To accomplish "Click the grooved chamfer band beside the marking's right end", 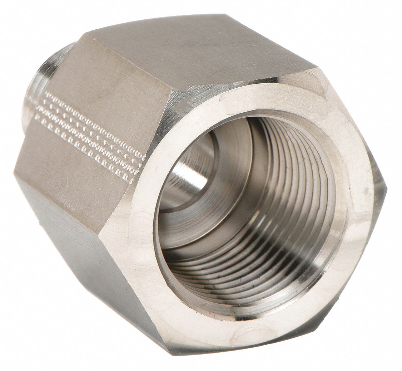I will [150, 150].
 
